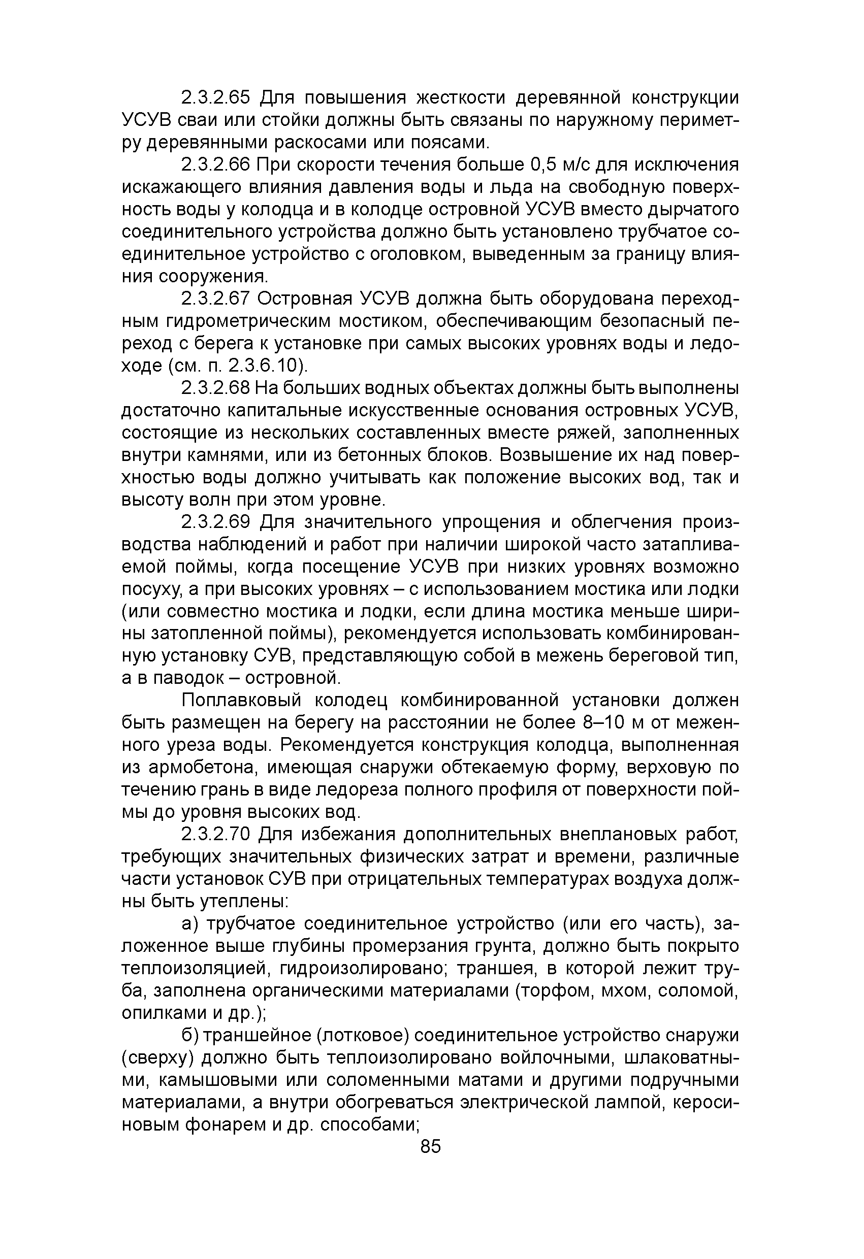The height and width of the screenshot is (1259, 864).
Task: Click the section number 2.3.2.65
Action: [215, 97]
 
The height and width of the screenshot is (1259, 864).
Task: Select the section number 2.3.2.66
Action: [215, 164]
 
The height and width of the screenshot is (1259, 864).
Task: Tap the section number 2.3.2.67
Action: [215, 299]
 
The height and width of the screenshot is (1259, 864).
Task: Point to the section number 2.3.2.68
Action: [215, 388]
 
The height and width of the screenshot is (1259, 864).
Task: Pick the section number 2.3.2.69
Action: [215, 522]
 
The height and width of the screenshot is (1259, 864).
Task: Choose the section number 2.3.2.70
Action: [215, 835]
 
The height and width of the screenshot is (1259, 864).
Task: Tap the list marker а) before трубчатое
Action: [189, 924]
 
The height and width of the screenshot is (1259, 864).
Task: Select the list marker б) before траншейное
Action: [189, 1036]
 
